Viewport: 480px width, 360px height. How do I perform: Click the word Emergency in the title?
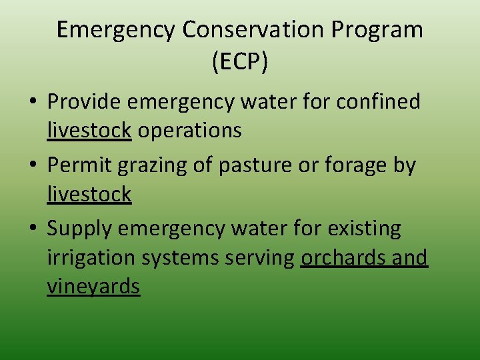click(x=116, y=30)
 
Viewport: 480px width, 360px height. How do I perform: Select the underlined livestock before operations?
click(x=89, y=131)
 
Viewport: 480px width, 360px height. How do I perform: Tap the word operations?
click(x=190, y=131)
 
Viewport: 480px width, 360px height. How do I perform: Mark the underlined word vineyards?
click(x=93, y=287)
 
